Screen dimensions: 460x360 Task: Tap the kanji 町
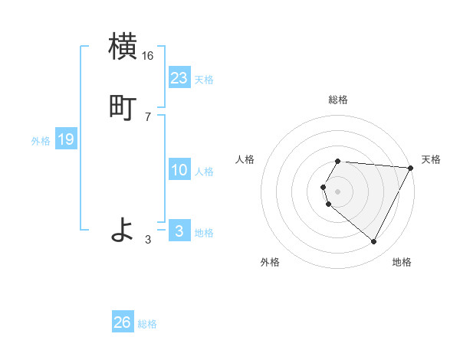[123, 106]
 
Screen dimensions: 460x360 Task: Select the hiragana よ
[123, 229]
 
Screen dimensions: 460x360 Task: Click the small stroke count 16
[148, 56]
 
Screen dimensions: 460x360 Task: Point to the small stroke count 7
[148, 116]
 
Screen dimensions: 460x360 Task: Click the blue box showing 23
[179, 77]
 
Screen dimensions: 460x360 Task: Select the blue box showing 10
[179, 170]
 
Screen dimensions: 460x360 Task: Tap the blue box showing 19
[65, 139]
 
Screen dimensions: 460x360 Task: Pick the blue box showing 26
[123, 322]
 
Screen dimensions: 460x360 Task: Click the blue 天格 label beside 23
[204, 80]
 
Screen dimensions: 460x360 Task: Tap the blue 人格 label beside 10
[204, 172]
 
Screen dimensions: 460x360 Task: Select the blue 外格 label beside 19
[41, 141]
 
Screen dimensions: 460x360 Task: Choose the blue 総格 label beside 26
[147, 324]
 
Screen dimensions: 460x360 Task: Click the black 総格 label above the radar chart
[338, 100]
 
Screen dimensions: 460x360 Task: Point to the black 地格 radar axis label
[402, 262]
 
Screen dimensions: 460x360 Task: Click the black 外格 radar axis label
[270, 262]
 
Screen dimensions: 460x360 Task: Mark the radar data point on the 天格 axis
[411, 168]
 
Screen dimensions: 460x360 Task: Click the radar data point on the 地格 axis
[373, 241]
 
